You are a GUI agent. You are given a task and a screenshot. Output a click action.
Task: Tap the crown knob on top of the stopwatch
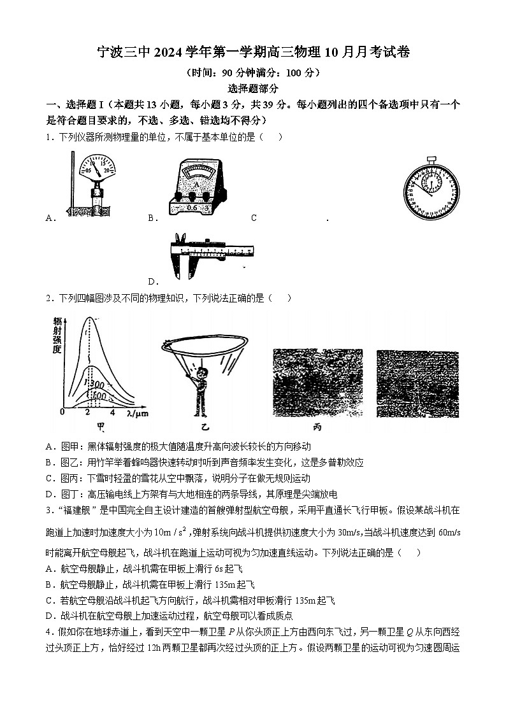pos(431,157)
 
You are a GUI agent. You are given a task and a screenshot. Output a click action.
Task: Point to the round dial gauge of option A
pos(96,170)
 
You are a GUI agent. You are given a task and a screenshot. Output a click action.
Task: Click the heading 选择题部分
pos(252,89)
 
